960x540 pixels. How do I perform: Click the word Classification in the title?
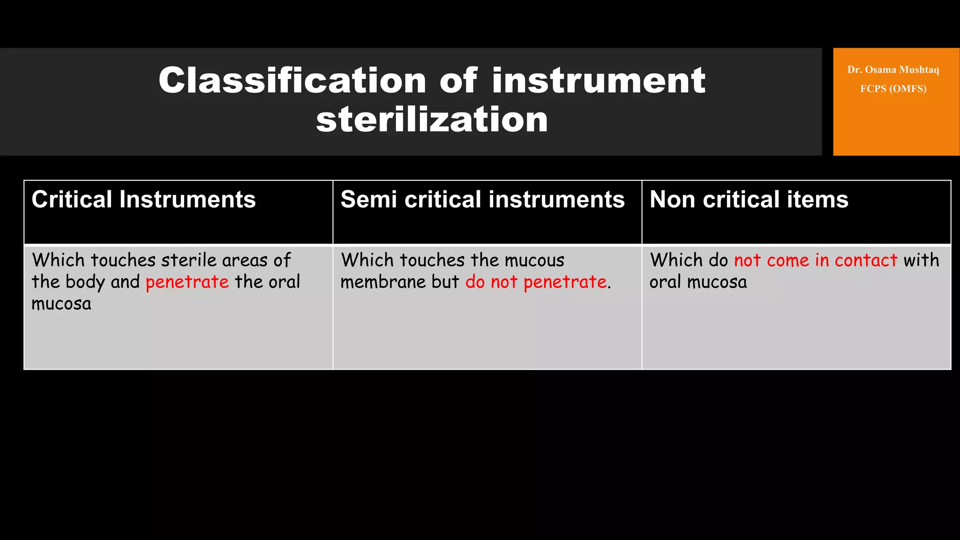[x=292, y=80]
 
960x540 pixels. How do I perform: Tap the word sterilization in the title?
[x=432, y=120]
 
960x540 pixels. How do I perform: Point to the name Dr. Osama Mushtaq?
[x=893, y=70]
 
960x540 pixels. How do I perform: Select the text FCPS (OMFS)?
[x=893, y=89]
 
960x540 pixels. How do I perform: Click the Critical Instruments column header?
[x=143, y=199]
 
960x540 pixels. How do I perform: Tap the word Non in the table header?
[x=672, y=199]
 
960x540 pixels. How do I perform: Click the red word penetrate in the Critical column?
[x=187, y=282]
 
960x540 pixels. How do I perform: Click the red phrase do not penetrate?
[x=536, y=282]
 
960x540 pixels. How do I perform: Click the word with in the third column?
[x=921, y=260]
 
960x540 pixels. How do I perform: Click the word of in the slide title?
[x=458, y=80]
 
